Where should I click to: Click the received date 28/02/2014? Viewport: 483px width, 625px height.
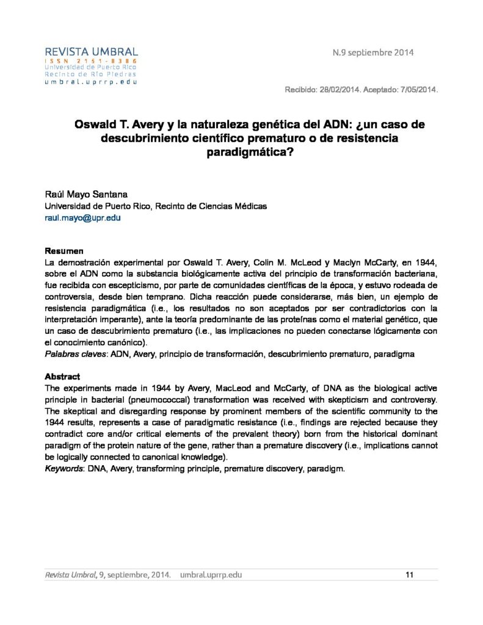click(x=340, y=90)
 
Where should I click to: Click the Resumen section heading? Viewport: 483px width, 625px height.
click(x=64, y=251)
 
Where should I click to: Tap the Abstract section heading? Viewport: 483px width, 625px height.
click(x=62, y=377)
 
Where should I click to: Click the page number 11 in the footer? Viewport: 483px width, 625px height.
click(x=410, y=574)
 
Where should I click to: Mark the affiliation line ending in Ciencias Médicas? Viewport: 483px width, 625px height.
click(x=156, y=206)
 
